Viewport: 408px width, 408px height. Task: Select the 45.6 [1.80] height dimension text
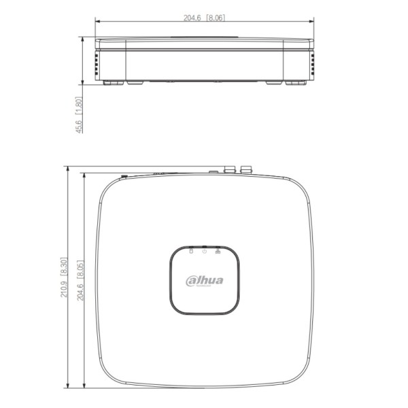tap(79, 116)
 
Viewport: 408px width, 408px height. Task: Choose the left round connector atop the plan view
tap(230, 168)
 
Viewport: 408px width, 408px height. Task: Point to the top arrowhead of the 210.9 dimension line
tap(69, 167)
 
